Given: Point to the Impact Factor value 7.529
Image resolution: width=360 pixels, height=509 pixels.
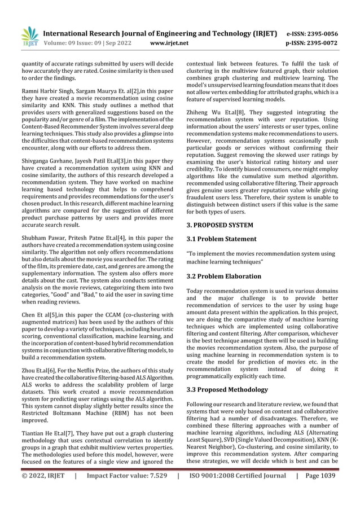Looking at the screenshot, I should tap(126, 492).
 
